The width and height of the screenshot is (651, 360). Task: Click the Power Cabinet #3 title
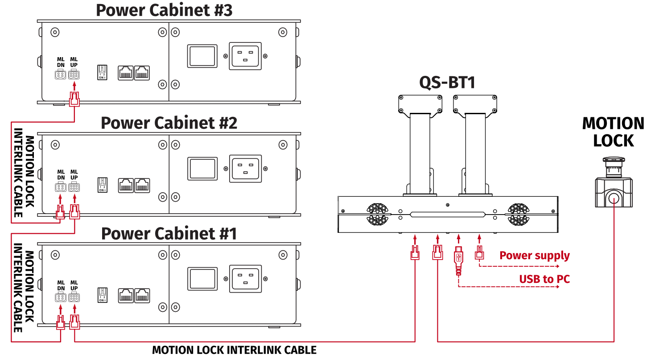[x=164, y=10]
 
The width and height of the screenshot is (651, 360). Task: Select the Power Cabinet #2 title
[x=169, y=123]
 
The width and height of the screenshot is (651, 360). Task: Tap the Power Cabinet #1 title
[x=169, y=233]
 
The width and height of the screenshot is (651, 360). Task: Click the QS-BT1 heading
[x=447, y=83]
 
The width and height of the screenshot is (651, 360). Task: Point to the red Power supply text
[x=534, y=256]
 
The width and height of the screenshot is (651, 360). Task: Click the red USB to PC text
[x=544, y=279]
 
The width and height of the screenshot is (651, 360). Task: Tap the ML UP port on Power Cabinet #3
[x=74, y=75]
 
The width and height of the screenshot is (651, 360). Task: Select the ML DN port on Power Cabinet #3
[x=60, y=75]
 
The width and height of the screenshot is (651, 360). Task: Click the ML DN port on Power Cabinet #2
[x=60, y=188]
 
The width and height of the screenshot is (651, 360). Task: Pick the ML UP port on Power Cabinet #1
[x=74, y=298]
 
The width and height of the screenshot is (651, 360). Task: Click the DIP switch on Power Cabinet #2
[x=102, y=185]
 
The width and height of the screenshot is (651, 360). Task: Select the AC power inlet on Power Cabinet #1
[x=245, y=279]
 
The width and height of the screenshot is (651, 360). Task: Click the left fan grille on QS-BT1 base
[x=378, y=214]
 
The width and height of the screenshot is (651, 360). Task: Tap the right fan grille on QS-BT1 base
[x=518, y=214]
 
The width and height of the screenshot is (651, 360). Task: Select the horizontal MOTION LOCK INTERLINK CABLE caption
[x=234, y=350]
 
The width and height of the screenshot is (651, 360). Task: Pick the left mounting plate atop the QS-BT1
[x=420, y=103]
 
